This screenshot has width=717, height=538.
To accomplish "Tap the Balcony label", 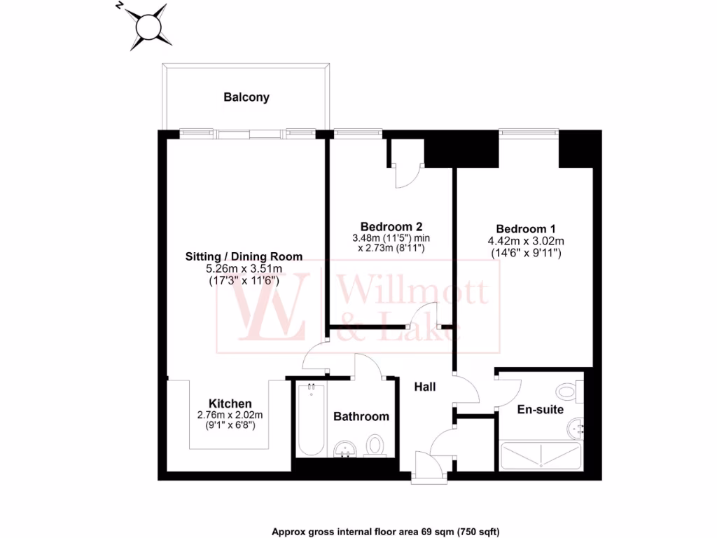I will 246,97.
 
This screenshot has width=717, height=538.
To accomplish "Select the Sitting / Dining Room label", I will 244,256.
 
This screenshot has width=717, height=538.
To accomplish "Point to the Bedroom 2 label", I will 391,226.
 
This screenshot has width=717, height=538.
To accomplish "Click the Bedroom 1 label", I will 526,229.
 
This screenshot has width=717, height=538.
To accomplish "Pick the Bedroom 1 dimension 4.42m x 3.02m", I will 526,241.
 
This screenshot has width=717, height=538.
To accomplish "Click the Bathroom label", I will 361,416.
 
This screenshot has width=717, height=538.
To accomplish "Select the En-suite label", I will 540,410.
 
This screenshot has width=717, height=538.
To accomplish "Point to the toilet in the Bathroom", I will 376,445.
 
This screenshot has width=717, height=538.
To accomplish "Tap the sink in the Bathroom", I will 344,448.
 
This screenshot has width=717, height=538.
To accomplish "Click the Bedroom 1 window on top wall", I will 529,132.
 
